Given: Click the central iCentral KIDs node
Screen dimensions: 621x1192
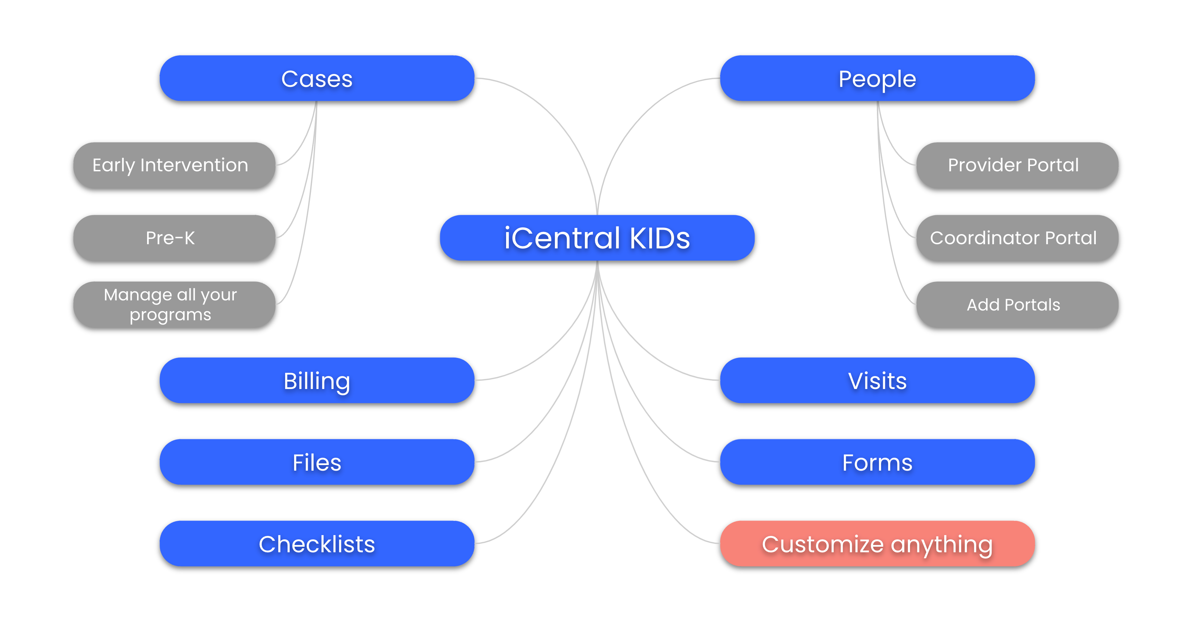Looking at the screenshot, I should tap(597, 238).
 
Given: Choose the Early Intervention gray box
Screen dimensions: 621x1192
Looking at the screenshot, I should tap(175, 165).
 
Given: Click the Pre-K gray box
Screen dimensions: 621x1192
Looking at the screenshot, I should tap(175, 238).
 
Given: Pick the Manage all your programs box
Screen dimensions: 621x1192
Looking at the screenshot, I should tap(175, 305).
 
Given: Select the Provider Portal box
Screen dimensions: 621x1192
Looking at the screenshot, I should tap(1017, 165).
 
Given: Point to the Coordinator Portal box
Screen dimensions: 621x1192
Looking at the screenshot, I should tap(1017, 238).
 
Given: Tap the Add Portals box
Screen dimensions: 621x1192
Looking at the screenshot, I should tap(1017, 305).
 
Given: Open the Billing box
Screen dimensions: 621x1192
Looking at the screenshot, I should tap(317, 381).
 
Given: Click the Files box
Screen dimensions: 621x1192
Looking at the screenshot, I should tap(317, 462).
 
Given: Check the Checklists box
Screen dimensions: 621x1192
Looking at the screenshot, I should tap(317, 544).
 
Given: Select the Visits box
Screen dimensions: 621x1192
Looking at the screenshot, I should tap(877, 381).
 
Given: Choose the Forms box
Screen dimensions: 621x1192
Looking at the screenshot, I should tap(877, 462).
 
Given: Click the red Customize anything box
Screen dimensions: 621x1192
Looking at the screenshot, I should tap(877, 544).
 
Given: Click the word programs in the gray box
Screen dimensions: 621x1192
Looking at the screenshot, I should tap(170, 315).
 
